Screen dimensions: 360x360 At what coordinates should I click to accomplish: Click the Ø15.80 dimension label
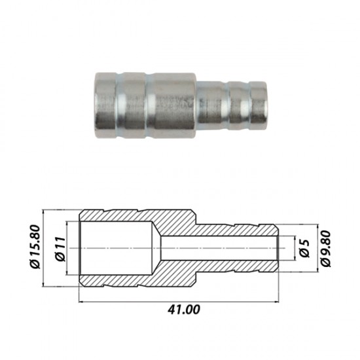(x=35, y=247)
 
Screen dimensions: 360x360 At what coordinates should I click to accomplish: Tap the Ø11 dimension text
(x=61, y=249)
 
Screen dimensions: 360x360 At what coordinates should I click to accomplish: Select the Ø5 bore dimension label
(x=304, y=249)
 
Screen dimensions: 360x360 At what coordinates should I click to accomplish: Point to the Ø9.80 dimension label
(x=325, y=249)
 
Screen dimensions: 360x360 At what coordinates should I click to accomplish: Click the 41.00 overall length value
(x=184, y=310)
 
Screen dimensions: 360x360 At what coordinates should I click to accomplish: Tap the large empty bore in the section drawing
(x=116, y=248)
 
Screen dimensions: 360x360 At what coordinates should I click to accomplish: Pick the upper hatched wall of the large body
(x=137, y=215)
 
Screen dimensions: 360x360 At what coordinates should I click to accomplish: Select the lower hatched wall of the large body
(x=137, y=281)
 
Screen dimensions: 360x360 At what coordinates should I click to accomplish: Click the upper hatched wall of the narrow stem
(x=236, y=230)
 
